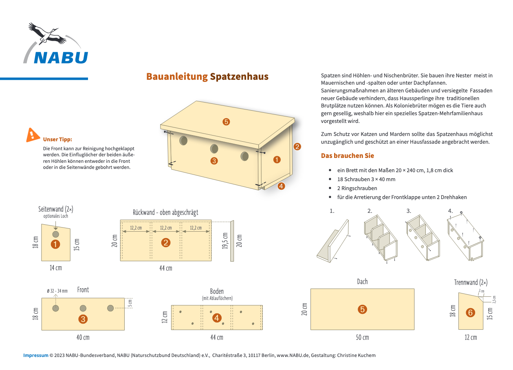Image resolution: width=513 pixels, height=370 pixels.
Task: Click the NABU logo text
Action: click(61, 57)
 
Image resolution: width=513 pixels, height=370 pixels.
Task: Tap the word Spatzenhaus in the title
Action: click(239, 77)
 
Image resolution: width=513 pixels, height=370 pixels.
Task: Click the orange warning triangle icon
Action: click(33, 135)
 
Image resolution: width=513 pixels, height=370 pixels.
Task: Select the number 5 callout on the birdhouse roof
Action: click(226, 121)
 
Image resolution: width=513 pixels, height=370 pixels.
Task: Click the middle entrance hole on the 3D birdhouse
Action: click(214, 149)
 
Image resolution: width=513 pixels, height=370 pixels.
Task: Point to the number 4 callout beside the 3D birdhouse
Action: click(281, 186)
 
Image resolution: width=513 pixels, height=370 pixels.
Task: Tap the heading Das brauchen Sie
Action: click(347, 156)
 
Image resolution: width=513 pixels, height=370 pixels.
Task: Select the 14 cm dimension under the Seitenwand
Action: click(56, 268)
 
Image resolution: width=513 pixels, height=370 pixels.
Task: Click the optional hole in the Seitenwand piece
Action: click(56, 234)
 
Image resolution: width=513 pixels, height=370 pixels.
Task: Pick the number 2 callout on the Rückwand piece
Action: click(165, 243)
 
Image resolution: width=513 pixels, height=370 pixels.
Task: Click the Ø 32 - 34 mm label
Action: click(57, 291)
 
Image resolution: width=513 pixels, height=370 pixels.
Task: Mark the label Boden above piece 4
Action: click(217, 291)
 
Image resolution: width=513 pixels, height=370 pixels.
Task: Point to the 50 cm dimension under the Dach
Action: click(362, 337)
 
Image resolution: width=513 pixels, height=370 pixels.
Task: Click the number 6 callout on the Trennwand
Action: click(470, 313)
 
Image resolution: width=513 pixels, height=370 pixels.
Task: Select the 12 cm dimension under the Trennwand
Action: click(471, 337)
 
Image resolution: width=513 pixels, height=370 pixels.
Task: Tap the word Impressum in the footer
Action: click(35, 355)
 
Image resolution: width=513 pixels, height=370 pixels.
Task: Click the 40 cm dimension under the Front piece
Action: click(83, 337)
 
